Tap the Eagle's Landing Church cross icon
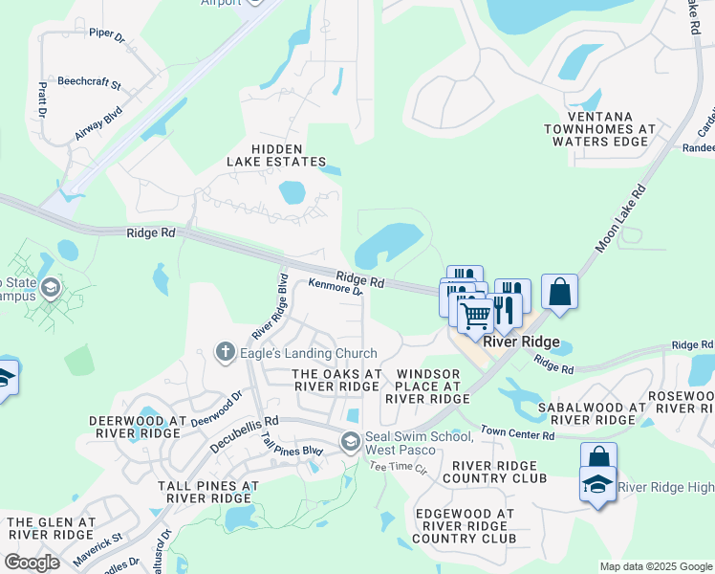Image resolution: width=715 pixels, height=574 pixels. point(226,352)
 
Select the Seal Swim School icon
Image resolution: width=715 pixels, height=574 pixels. point(351,442)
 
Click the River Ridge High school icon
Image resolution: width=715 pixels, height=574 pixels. point(598,484)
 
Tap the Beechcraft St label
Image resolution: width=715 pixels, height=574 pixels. point(89,83)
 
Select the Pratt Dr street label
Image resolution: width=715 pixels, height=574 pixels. point(43,99)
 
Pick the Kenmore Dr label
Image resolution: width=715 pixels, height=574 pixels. point(336,286)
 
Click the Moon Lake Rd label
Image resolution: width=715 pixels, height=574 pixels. point(620,219)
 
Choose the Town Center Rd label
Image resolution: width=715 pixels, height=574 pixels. point(517,434)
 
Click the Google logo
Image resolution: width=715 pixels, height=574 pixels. point(32,563)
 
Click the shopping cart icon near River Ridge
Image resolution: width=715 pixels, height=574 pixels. point(475,314)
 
